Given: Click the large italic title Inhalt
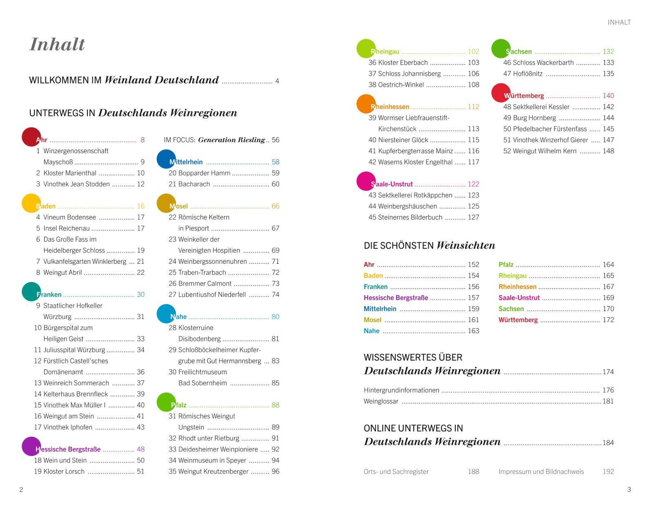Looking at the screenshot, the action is click(x=57, y=44).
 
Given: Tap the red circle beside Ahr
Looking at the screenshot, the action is click(x=31, y=137).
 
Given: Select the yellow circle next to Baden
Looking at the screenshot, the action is click(x=31, y=203).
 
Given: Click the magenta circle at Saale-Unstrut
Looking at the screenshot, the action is click(x=366, y=181).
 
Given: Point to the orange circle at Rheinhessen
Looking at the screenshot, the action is click(x=366, y=104).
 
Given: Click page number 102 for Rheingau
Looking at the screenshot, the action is click(x=473, y=51).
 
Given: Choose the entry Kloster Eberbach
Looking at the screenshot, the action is click(x=403, y=63).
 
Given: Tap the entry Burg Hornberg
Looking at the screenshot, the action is click(x=535, y=118).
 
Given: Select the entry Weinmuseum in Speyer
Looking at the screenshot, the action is click(x=212, y=460).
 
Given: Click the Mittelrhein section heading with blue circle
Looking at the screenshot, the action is click(x=186, y=162).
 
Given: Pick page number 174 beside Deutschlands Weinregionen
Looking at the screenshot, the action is click(x=608, y=372).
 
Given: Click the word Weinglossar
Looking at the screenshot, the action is click(x=381, y=401).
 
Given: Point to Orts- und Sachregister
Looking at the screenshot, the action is click(x=396, y=472).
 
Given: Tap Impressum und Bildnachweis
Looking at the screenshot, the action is click(x=541, y=472).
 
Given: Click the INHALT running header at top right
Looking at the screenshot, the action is click(x=619, y=22).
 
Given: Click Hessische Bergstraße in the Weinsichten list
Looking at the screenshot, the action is click(x=396, y=298).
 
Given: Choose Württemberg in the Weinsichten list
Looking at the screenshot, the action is click(x=518, y=320).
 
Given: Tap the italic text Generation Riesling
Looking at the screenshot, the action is click(x=232, y=140).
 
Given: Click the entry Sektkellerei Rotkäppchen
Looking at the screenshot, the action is click(x=415, y=195).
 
